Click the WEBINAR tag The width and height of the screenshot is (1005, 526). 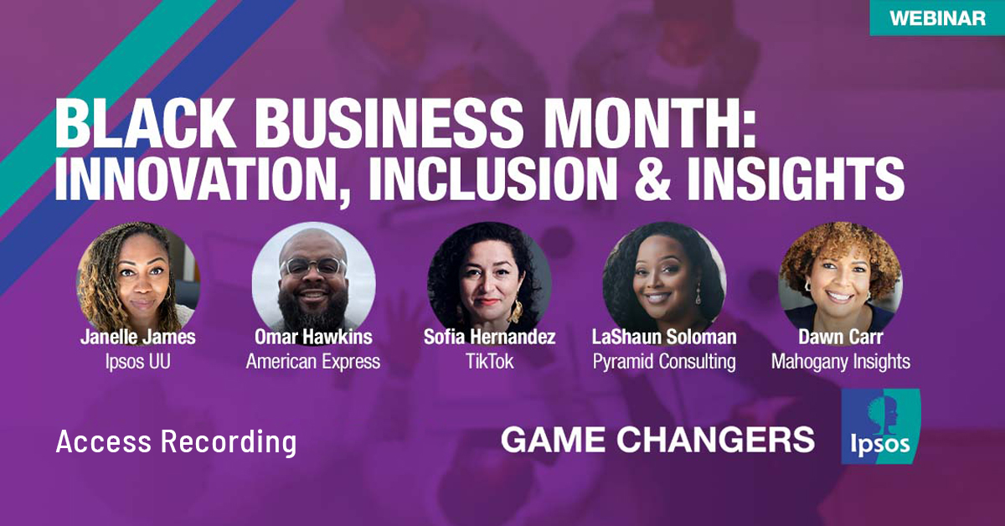[x=936, y=18]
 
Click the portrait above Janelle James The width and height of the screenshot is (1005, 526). [x=138, y=277]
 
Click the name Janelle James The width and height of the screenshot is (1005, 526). [x=138, y=338]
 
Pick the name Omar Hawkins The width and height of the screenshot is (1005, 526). [x=313, y=338]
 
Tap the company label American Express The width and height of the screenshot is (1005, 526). [x=313, y=362]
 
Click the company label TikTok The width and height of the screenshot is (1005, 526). [x=489, y=362]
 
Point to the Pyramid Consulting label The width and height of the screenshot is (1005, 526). [x=664, y=362]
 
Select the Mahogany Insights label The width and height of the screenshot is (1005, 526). [x=840, y=362]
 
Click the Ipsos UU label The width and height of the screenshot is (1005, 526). [x=138, y=362]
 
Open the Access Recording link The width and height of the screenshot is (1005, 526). [x=176, y=441]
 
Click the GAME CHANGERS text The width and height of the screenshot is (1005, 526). [x=657, y=439]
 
